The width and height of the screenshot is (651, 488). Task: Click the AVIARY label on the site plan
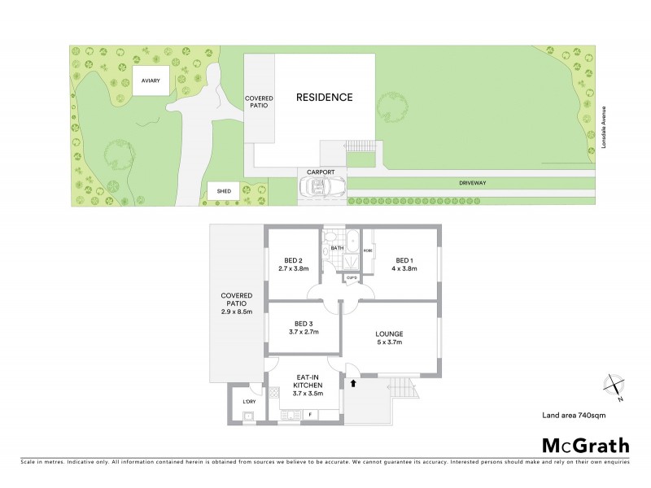[x=150, y=81]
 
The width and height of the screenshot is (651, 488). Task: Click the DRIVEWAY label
[x=471, y=184]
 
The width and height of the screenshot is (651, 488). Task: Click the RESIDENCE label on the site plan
[x=324, y=98]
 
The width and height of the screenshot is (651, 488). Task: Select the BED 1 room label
[x=404, y=264]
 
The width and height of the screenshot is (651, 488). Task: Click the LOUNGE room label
[x=389, y=338]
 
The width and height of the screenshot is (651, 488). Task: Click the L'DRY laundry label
[x=248, y=401]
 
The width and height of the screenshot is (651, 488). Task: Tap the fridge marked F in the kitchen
[x=310, y=414]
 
